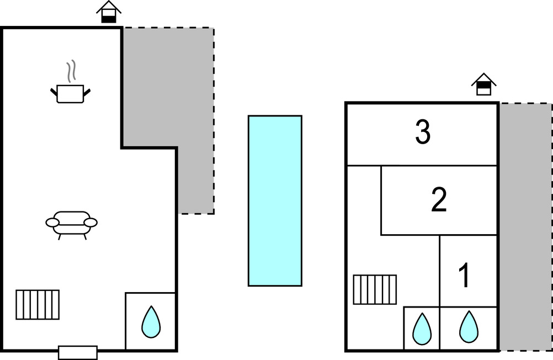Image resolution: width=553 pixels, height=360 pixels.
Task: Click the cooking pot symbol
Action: point(70,94)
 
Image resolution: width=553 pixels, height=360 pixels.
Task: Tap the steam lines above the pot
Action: point(70,72)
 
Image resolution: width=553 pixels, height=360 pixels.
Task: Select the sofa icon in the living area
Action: point(71,224)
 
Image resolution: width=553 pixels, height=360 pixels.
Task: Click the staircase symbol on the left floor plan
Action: point(38,304)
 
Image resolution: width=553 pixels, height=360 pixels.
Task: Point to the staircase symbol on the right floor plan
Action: point(375,289)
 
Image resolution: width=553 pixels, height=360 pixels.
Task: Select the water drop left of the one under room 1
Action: point(422,328)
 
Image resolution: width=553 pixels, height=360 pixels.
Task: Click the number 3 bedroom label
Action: point(423,134)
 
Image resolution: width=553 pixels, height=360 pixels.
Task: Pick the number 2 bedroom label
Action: point(439,200)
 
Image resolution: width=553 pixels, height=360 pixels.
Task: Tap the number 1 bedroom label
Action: point(465,276)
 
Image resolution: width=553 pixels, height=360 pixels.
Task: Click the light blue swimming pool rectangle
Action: point(275,200)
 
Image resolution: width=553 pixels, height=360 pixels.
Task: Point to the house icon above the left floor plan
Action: point(109,12)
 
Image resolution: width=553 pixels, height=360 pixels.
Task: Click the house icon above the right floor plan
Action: point(483,84)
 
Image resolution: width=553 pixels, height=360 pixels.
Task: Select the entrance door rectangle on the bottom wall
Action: point(78,352)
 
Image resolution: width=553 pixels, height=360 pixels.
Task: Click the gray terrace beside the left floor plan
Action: point(188,110)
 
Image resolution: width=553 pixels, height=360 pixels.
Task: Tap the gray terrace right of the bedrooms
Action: point(525,226)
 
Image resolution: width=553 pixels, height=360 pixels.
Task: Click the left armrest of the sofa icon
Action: point(52,222)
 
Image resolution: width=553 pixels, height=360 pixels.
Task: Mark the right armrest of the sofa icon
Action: point(91,222)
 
